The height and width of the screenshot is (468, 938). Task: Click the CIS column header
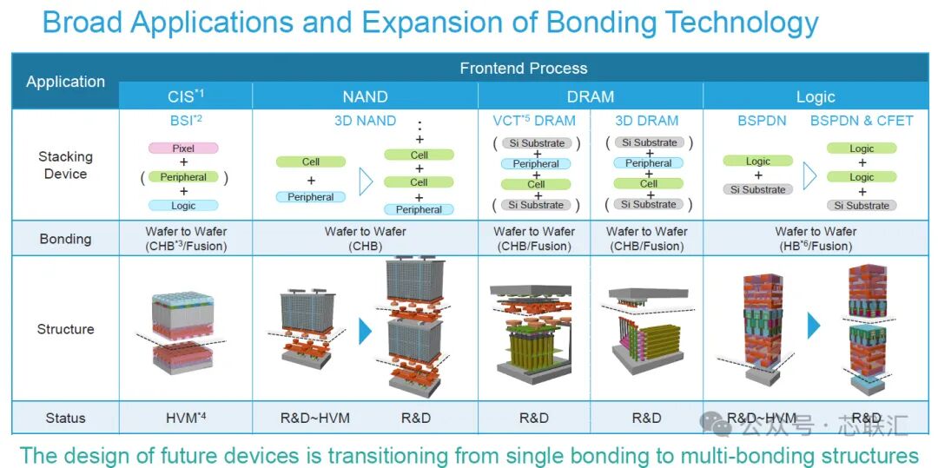[x=186, y=96]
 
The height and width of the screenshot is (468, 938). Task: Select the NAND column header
[x=365, y=97]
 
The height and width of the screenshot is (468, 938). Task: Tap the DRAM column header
[x=591, y=97]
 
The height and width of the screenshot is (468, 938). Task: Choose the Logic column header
[x=816, y=97]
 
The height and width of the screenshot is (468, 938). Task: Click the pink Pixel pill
[x=183, y=148]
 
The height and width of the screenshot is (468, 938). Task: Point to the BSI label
[x=186, y=120]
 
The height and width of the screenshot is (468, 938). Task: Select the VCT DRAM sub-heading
[x=534, y=121]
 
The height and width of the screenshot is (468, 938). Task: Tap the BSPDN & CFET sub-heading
[x=862, y=121]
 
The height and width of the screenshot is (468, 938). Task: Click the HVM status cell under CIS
[x=186, y=418]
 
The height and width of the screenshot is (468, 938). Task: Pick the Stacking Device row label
[x=65, y=165]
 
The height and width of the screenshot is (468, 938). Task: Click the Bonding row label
[x=65, y=239]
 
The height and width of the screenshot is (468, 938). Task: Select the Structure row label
[x=65, y=329]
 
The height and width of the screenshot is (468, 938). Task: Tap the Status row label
[x=65, y=418]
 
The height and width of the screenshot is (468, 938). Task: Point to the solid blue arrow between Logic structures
[x=814, y=326]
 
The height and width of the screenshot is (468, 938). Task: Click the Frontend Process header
[x=524, y=68]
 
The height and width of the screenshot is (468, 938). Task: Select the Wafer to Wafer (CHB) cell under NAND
[x=365, y=239]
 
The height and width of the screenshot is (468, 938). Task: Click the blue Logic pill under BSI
[x=183, y=206]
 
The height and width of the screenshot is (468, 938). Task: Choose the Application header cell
[x=65, y=82]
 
